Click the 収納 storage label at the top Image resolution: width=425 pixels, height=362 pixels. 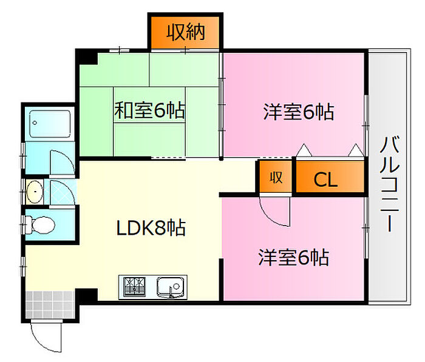point(185,33)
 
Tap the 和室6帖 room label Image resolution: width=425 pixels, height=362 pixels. point(149,110)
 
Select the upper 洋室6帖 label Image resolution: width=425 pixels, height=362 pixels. point(299,112)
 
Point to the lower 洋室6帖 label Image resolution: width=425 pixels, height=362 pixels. point(294,257)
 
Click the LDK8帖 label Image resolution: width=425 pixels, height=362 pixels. point(151,227)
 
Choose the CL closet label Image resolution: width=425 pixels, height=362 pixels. point(325,179)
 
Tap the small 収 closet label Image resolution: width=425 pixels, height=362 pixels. point(276,178)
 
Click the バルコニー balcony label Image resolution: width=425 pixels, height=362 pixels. point(390,184)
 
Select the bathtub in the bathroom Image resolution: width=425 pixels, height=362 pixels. point(50,124)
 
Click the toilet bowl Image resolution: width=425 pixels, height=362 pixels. point(43,225)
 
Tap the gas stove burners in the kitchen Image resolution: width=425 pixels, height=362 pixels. point(134,287)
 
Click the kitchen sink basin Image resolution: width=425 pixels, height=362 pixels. point(171,287)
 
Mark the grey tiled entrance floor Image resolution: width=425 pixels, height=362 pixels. point(50,304)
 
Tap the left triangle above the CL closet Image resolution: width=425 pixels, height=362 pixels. point(304,150)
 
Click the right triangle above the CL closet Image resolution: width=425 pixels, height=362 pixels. point(356,150)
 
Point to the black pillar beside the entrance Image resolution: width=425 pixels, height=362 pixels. point(86,295)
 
